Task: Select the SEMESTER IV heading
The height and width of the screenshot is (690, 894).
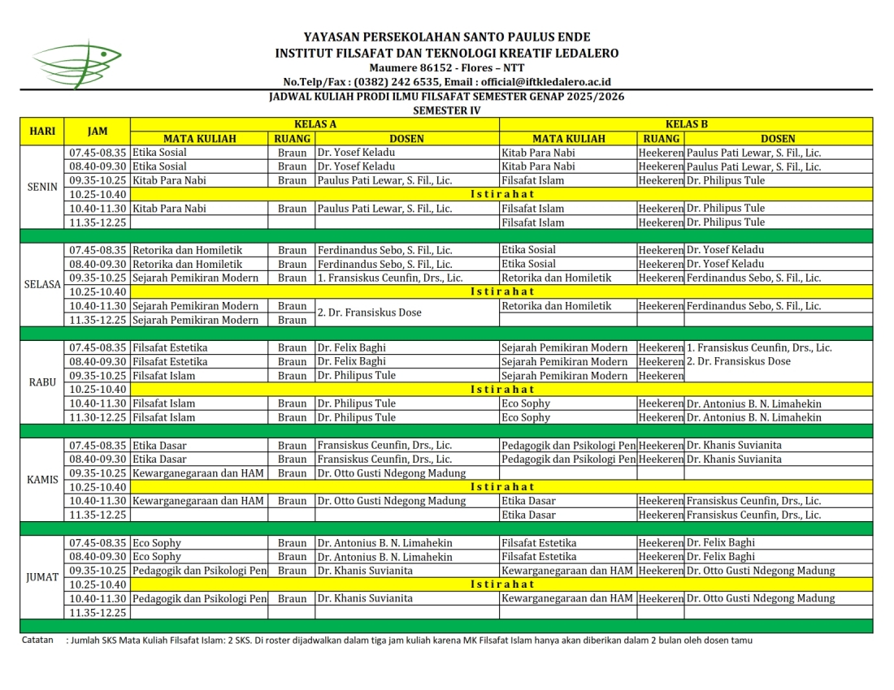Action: click(446, 110)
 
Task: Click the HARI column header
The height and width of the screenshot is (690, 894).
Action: click(42, 131)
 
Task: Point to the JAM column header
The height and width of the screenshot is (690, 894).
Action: click(98, 131)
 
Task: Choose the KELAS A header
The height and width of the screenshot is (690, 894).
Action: click(315, 124)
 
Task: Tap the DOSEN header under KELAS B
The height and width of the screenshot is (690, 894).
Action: click(778, 138)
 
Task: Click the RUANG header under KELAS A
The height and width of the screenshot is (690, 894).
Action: click(292, 138)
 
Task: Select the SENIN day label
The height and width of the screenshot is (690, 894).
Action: click(42, 187)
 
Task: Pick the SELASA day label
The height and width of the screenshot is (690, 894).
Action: click(42, 284)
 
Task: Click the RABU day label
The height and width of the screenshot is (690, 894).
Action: click(42, 382)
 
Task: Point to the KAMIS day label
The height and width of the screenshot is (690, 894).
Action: click(42, 479)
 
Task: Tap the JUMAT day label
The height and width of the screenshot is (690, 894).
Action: click(42, 577)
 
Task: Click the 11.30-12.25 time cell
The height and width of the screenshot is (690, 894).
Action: click(98, 417)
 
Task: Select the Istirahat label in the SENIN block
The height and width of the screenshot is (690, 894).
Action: click(502, 194)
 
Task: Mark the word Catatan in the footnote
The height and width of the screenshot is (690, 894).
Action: click(37, 640)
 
